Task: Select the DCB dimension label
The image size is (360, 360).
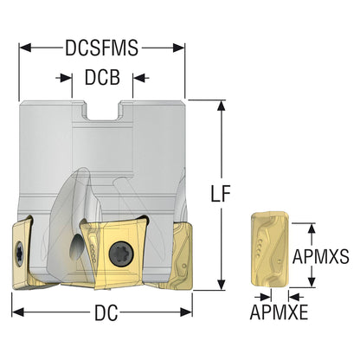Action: [x=102, y=77]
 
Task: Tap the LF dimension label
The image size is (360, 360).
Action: [x=221, y=193]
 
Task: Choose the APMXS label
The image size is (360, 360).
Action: [x=321, y=256]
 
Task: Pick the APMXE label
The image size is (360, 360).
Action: [x=279, y=312]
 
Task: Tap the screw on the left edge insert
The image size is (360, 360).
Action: [x=20, y=254]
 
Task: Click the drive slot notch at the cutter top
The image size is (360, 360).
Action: [x=102, y=111]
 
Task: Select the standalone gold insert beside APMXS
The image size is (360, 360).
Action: [x=270, y=250]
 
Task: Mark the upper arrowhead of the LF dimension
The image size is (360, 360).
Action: [x=221, y=106]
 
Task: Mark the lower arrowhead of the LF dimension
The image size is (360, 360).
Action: [x=221, y=285]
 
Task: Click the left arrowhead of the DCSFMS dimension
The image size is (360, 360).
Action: [x=25, y=48]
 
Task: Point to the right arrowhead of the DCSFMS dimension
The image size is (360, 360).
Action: [x=178, y=48]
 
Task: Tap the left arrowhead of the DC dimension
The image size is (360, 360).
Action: [x=18, y=312]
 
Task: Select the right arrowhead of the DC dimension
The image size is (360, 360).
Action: [x=186, y=312]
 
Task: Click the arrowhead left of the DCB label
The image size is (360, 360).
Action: [x=66, y=78]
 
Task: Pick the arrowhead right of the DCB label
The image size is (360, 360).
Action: [x=138, y=78]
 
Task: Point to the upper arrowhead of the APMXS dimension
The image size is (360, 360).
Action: [x=312, y=228]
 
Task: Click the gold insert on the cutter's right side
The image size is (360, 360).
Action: [x=181, y=255]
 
